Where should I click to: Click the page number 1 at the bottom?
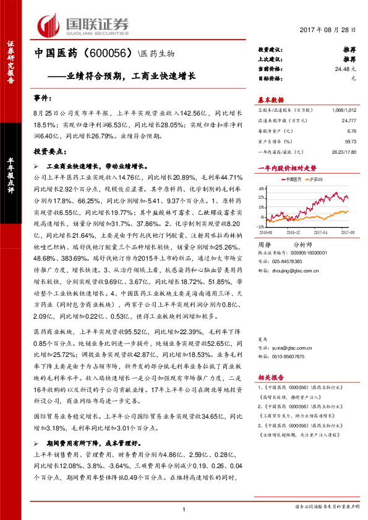(x=184, y=508)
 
